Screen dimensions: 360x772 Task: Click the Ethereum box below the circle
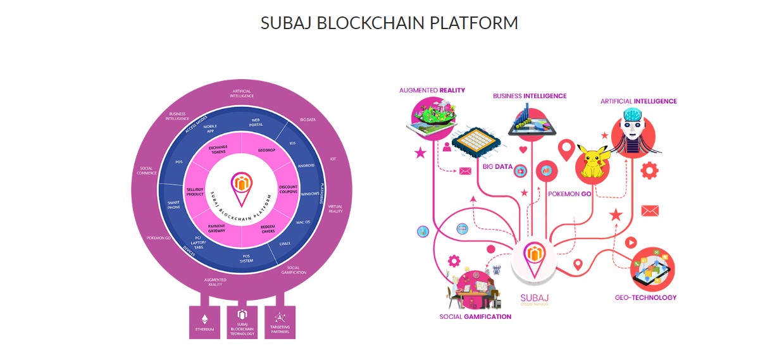point(204,322)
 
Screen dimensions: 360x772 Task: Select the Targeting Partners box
point(280,322)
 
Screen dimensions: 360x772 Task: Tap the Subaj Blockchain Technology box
point(242,322)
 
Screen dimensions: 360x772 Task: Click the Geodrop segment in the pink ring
point(266,151)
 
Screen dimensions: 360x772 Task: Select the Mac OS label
point(302,222)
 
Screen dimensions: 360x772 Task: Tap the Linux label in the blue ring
point(285,243)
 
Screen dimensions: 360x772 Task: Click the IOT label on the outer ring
point(333,159)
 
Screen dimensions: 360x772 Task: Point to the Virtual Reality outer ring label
point(335,209)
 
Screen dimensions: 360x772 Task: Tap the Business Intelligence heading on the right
point(530,96)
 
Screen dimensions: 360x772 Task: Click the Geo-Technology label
point(645,297)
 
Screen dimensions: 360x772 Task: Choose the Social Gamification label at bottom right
point(475,316)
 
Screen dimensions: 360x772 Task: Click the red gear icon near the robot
point(649,170)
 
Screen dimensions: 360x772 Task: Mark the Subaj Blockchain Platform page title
point(389,23)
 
